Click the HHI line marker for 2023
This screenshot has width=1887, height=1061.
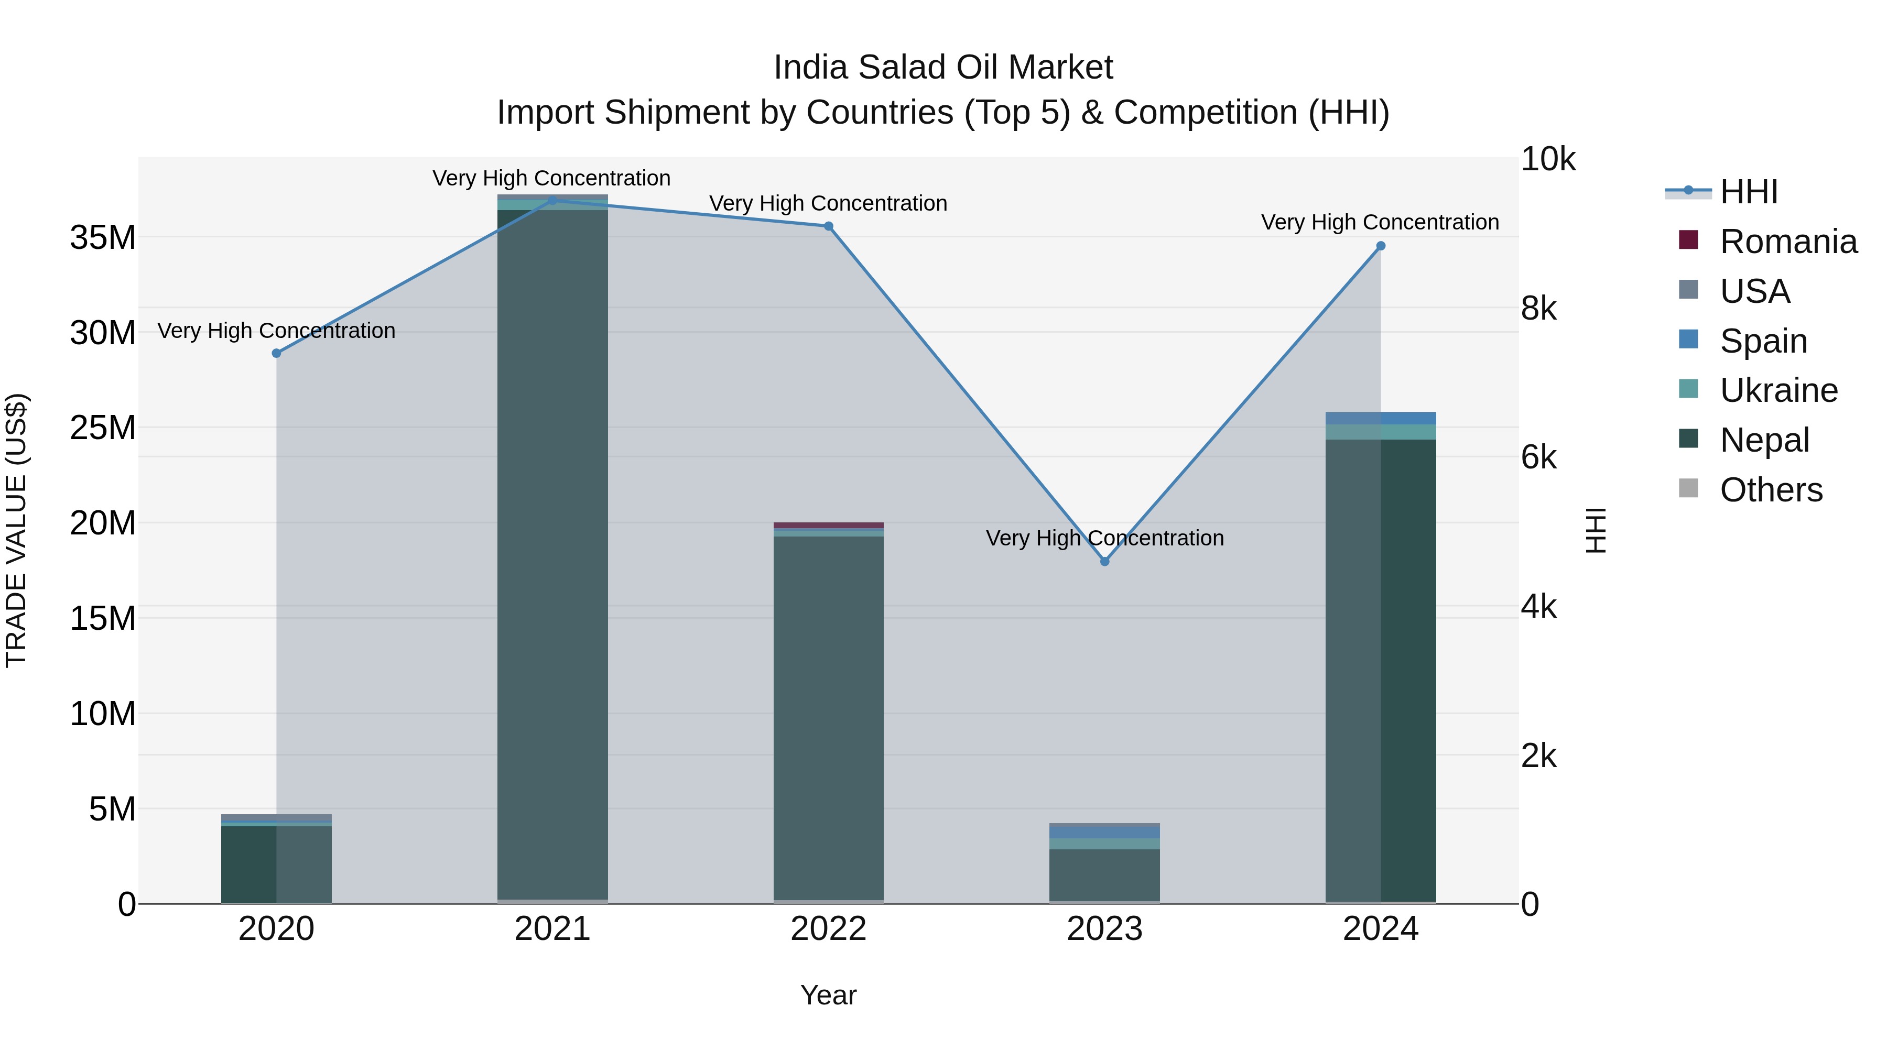tap(1104, 562)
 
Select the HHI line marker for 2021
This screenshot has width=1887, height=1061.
tap(552, 200)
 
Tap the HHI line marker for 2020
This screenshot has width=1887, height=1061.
tap(276, 353)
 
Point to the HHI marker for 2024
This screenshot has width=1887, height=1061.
tap(1381, 246)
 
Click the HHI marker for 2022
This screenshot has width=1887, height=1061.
tap(829, 226)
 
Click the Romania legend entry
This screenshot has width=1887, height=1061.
tap(1787, 242)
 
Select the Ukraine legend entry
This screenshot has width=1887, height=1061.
tap(1778, 390)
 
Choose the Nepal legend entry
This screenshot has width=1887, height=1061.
tap(1764, 440)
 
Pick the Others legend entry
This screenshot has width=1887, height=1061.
tap(1771, 490)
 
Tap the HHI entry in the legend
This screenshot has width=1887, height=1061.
tap(1749, 192)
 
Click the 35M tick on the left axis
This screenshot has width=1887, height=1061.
tap(103, 237)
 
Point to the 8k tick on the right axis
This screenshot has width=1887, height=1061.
tap(1538, 308)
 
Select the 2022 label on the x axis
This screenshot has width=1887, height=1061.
tap(829, 929)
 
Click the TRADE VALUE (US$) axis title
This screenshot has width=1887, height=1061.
tap(16, 530)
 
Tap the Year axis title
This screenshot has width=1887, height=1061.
tap(829, 995)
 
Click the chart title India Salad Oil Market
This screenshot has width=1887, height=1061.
tap(943, 68)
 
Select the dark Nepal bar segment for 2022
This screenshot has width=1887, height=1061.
tap(829, 718)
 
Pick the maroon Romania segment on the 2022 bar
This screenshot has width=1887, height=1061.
tap(829, 525)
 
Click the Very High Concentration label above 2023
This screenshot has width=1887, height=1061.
tap(1104, 538)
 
